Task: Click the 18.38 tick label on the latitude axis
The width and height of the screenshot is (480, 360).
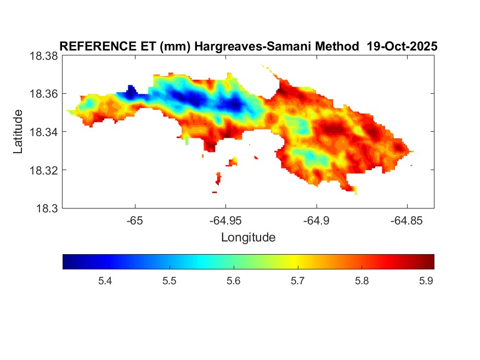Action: (43, 56)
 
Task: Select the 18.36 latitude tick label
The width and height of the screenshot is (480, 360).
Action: (43, 94)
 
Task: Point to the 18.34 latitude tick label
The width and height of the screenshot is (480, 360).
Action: (43, 132)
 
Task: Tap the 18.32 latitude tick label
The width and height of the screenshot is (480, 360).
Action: (43, 170)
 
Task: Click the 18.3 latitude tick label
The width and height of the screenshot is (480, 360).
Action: (47, 208)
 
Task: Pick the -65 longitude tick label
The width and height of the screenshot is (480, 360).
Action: (134, 221)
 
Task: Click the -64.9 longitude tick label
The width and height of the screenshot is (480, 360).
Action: (315, 221)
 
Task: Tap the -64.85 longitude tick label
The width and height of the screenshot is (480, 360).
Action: (406, 221)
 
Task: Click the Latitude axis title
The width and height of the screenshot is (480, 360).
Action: (18, 132)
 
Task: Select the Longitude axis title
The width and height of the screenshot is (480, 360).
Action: (248, 238)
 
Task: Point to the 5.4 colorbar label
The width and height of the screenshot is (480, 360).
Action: (105, 282)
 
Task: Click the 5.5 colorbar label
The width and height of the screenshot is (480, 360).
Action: (169, 282)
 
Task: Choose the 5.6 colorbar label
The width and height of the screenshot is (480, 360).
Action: (233, 282)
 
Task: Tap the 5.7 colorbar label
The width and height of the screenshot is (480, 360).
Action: (297, 282)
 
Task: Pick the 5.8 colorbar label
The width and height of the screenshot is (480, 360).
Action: (361, 282)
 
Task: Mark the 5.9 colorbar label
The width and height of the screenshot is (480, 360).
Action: (425, 282)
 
